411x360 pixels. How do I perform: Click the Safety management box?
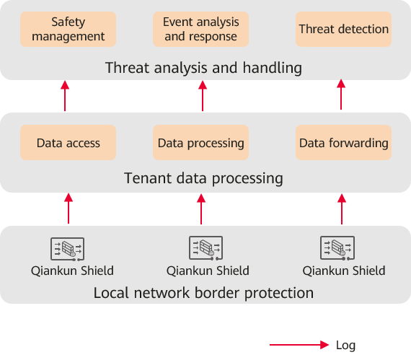[68, 29]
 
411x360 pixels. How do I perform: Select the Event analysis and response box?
[200, 29]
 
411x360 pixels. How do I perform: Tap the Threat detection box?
[344, 29]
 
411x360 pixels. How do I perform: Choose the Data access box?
[68, 142]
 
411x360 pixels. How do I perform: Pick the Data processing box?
[200, 142]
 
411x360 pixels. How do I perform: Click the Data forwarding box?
[344, 142]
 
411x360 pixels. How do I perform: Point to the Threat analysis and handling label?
[203, 68]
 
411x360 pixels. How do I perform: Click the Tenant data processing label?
[203, 179]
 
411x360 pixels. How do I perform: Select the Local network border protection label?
[203, 293]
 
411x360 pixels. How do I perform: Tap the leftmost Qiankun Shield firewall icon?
[67, 249]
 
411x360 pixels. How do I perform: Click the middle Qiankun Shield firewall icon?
[206, 248]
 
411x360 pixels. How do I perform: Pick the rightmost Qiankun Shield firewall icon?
[337, 248]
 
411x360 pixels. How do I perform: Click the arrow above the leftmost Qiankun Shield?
[68, 208]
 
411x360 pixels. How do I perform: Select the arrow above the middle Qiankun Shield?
[201, 209]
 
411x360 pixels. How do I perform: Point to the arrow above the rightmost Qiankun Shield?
[342, 209]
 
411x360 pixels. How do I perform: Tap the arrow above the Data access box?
[65, 96]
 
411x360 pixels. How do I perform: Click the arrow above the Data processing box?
[203, 96]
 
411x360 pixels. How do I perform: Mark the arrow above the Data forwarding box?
[341, 95]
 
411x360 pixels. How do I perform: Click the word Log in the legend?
[345, 346]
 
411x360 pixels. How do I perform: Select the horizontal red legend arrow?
[299, 345]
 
